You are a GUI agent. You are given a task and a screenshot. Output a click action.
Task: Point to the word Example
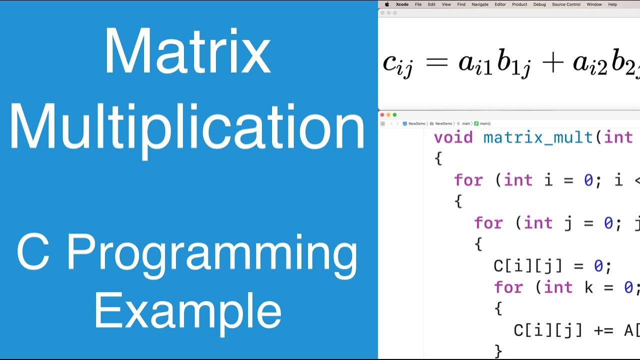(187, 310)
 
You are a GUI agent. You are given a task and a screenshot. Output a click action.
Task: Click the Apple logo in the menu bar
(386, 4)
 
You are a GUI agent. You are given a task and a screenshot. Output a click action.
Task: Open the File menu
(418, 4)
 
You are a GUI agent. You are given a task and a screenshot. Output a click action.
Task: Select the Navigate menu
(480, 4)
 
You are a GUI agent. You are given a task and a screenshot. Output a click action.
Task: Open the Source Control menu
(566, 4)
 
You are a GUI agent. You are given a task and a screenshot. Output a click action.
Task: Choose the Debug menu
(539, 4)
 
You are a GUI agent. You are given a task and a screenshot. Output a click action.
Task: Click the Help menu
(612, 4)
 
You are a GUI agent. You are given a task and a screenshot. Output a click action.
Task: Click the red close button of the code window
(382, 115)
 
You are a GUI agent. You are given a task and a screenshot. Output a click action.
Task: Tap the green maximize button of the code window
(394, 115)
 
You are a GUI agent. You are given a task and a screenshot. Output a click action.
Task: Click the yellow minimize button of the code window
(388, 115)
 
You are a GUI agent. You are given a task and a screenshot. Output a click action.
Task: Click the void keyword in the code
(453, 137)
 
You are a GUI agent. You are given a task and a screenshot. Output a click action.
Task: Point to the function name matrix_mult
(538, 137)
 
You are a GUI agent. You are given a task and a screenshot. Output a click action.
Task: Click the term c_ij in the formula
(398, 64)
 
